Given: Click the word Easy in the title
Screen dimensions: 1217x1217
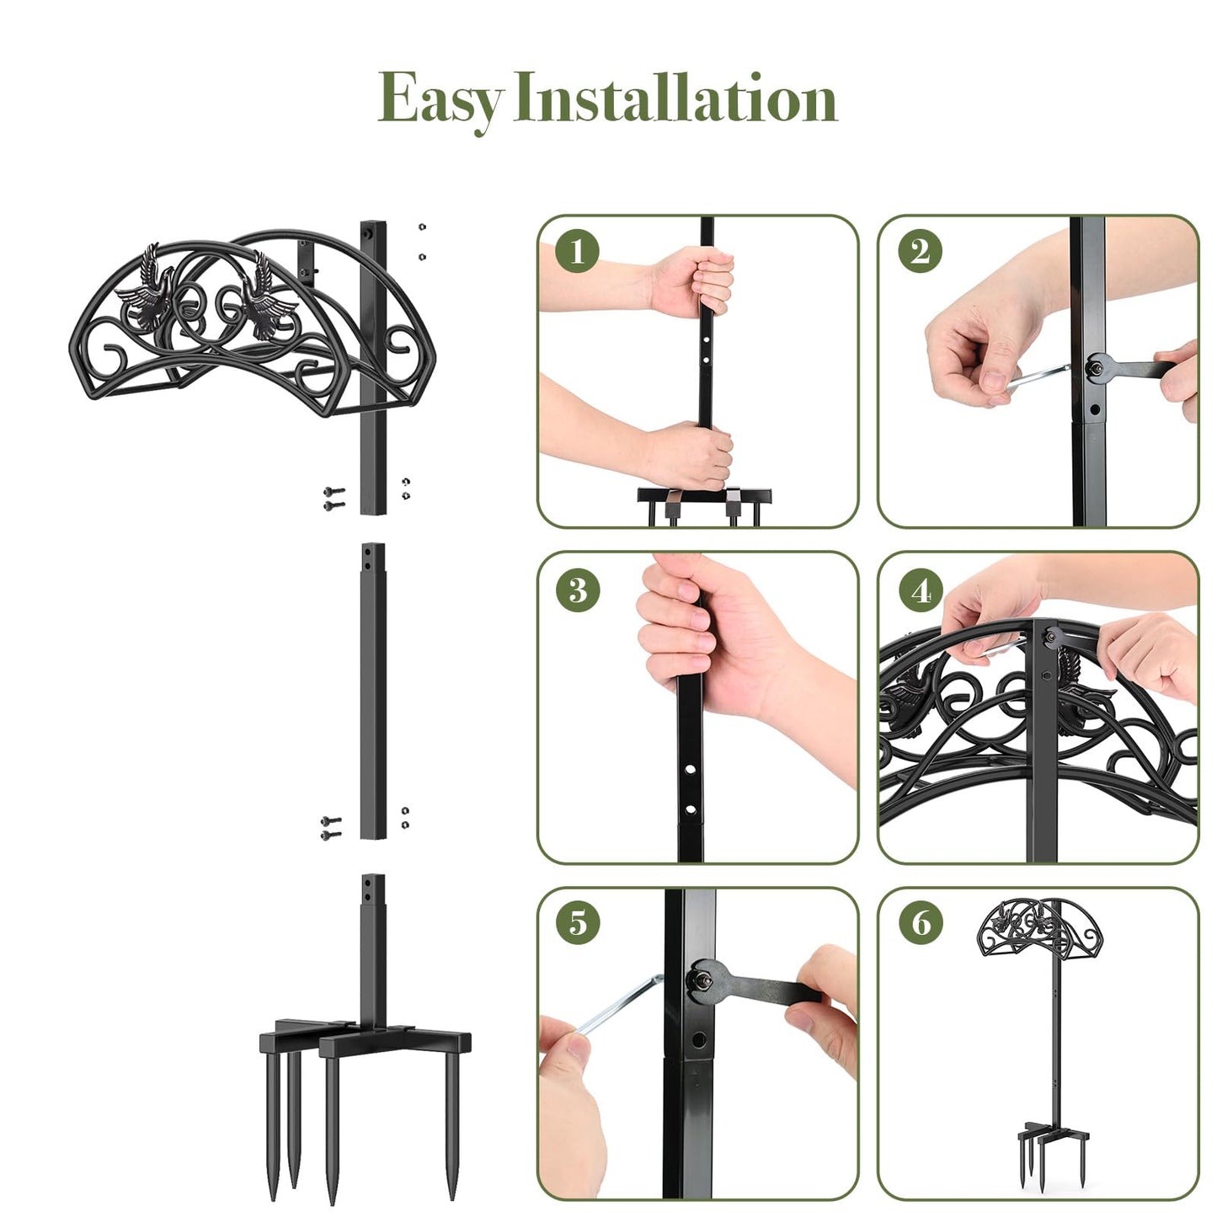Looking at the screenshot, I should tap(440, 99).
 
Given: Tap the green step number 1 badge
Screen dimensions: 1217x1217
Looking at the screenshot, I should tap(578, 251).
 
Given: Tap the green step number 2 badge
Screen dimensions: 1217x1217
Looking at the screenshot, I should tap(920, 251).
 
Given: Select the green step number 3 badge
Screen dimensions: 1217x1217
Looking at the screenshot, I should tap(578, 590).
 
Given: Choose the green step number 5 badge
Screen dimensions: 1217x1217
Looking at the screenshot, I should tap(578, 922).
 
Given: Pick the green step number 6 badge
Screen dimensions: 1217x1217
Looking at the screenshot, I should tap(921, 922).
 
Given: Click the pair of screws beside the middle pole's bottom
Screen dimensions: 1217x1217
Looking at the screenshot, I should tap(331, 827).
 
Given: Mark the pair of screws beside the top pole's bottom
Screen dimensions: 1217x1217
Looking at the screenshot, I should tap(334, 498).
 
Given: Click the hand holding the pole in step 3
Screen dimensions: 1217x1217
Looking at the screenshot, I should tap(699, 640).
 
